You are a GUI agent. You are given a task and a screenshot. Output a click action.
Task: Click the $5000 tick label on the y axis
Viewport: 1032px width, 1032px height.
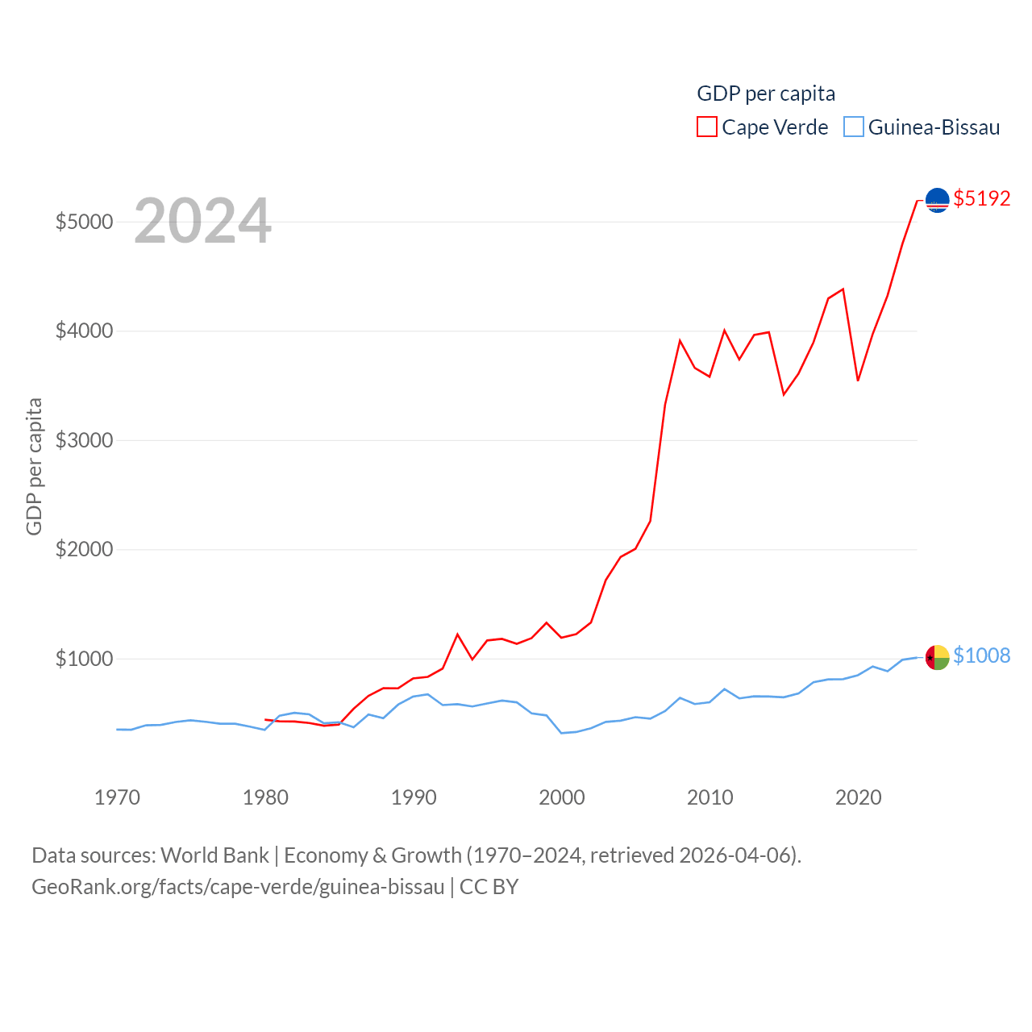[x=84, y=222]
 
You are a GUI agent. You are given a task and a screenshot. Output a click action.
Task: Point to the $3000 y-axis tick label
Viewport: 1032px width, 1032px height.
[x=84, y=440]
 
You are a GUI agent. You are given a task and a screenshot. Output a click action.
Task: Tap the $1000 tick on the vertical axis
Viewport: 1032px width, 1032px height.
[x=84, y=659]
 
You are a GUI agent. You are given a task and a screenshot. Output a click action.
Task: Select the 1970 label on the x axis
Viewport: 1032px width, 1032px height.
[x=117, y=797]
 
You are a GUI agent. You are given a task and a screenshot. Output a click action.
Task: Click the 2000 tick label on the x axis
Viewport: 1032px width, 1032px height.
[x=561, y=797]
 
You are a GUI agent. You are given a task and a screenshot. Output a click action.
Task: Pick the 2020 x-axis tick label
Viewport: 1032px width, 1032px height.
[x=858, y=797]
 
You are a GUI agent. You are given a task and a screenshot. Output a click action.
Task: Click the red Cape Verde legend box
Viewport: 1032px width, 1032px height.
[x=707, y=127]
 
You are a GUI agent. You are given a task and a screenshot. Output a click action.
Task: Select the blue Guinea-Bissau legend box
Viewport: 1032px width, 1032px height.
[x=854, y=127]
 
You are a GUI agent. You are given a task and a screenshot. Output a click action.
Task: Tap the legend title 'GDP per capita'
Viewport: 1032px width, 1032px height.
[x=766, y=94]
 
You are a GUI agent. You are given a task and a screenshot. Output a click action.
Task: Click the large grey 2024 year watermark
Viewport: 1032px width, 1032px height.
[x=202, y=221]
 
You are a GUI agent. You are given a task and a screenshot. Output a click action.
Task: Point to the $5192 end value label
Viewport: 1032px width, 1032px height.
[x=981, y=198]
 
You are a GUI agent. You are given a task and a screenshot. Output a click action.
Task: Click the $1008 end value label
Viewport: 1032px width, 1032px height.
[x=981, y=655]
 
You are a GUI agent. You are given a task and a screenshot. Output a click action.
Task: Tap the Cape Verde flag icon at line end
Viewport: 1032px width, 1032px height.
[x=937, y=199]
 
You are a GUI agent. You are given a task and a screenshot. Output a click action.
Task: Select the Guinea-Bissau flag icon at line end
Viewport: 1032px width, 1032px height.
[x=937, y=657]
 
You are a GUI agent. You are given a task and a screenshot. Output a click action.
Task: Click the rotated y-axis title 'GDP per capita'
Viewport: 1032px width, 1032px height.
[x=34, y=466]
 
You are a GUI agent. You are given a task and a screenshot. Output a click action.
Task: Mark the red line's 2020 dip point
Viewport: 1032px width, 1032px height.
[x=858, y=381]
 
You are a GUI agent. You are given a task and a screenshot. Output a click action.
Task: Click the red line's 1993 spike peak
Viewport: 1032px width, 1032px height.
[x=457, y=635]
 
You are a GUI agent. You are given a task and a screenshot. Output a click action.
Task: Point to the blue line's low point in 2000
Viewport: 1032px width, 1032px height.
[x=561, y=733]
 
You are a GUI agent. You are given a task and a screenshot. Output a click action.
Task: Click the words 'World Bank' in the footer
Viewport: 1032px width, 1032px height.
[x=214, y=855]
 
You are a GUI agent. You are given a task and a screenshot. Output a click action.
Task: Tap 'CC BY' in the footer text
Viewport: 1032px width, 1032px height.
[x=489, y=887]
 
